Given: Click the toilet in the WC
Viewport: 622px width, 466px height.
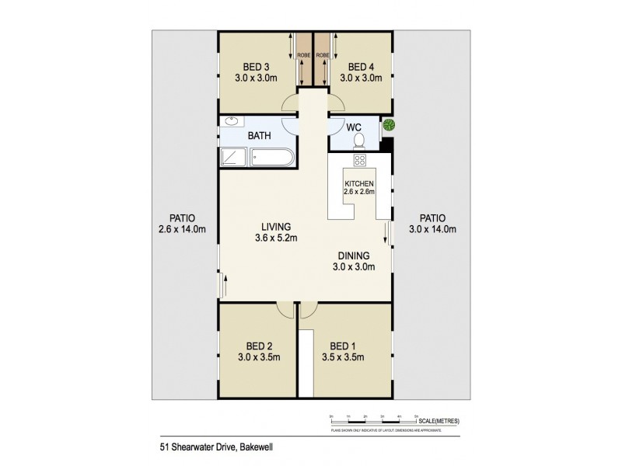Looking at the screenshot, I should click(359, 140).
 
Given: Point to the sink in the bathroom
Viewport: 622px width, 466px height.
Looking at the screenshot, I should click(232, 122).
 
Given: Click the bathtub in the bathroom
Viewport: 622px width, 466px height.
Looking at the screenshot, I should click(269, 158).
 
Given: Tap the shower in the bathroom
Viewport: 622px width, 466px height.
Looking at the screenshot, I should click(232, 158).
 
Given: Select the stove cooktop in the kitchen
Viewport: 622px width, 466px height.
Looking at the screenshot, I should click(360, 161).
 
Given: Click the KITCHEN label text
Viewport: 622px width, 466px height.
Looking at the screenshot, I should click(359, 183).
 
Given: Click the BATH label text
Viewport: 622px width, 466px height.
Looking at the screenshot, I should click(259, 136).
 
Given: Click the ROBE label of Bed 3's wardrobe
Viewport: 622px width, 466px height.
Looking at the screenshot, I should click(303, 56).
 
